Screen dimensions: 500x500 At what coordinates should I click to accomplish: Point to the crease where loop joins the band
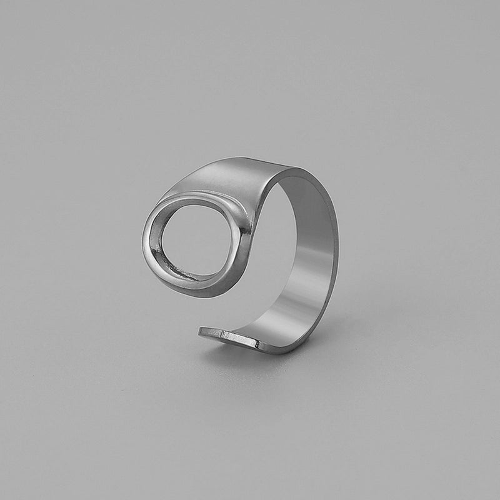(x=241, y=216)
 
